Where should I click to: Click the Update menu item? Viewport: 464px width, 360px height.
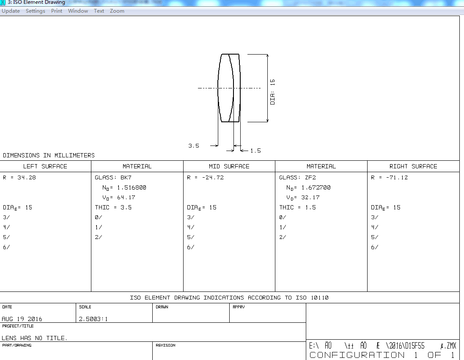point(11,11)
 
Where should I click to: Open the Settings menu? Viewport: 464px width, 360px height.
point(36,11)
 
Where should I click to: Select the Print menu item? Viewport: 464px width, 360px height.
point(57,11)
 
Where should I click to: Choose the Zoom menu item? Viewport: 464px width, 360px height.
point(117,11)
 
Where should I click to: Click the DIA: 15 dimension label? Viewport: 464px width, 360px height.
point(272,92)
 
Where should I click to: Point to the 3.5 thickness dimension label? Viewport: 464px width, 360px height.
point(194,146)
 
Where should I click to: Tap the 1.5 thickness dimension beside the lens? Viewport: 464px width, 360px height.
point(255,151)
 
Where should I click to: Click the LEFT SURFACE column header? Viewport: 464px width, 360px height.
point(45,166)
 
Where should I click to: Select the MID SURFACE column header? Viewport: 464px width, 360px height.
point(229,166)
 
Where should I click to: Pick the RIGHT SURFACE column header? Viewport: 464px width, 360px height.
point(413,166)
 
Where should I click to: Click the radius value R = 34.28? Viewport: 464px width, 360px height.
point(19,178)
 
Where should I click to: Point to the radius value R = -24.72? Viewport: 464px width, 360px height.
point(205,178)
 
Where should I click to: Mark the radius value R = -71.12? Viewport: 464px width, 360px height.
point(389,178)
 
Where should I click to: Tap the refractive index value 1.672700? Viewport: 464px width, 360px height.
point(316,187)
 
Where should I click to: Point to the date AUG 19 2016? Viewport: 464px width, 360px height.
point(22,319)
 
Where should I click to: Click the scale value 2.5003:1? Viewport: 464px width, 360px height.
point(93,319)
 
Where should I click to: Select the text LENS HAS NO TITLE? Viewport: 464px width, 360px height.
point(35,338)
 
